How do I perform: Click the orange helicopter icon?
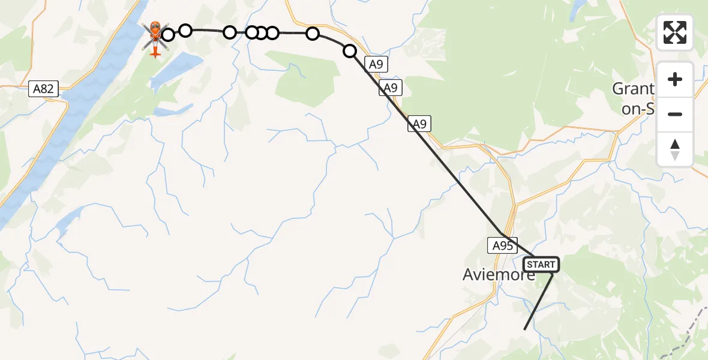pos(155,38)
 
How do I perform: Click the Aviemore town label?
pos(499,275)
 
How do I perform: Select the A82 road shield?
pos(43,89)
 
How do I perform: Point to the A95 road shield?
pos(502,245)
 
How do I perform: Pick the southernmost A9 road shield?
pos(419,124)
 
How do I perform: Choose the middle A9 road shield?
pos(391,88)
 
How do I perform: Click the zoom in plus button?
pos(675,79)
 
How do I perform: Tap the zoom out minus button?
pos(675,114)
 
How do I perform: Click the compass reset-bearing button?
pos(675,149)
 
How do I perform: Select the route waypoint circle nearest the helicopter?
pos(168,35)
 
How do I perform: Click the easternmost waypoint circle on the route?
pos(350,51)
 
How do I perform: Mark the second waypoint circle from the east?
pos(313,34)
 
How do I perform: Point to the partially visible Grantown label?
pos(633,96)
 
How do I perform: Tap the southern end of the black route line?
pos(524,329)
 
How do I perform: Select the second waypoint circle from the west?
pos(185,30)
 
